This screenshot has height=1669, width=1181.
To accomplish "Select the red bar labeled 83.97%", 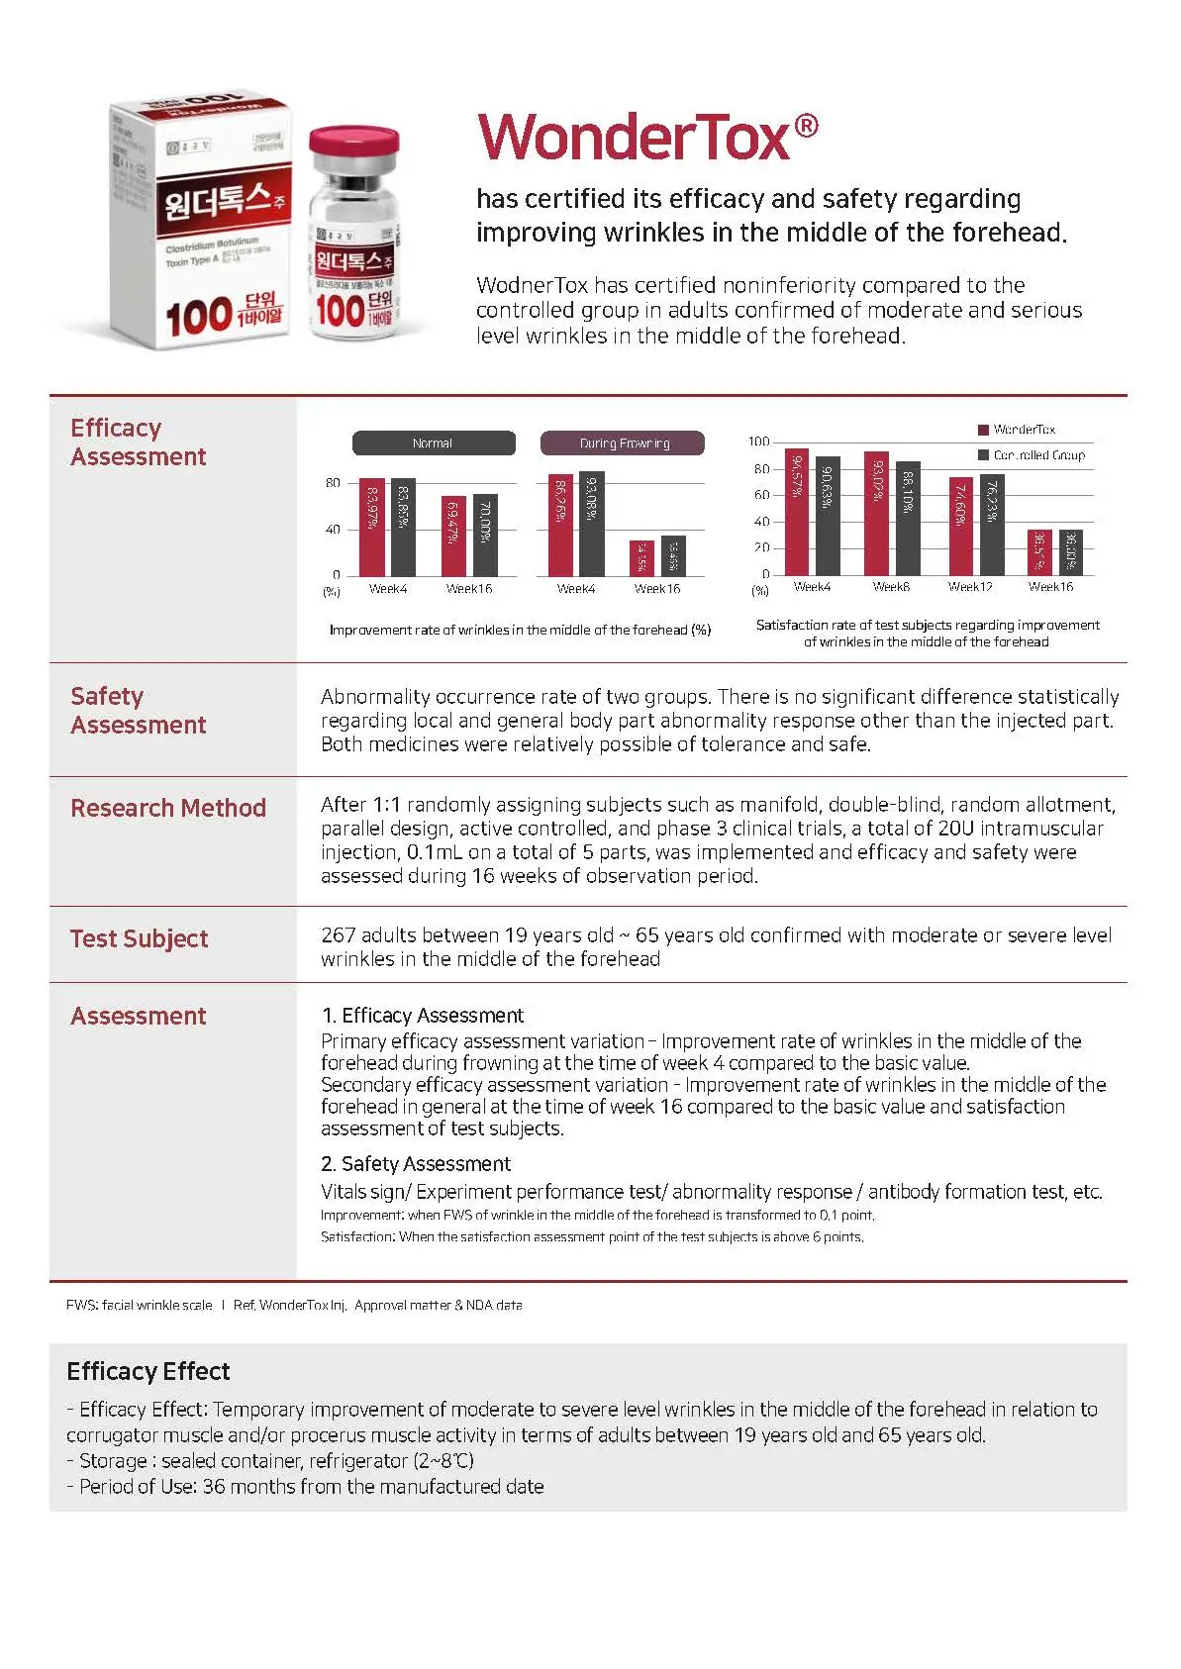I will [372, 527].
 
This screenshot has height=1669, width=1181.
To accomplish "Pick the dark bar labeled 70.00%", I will [485, 535].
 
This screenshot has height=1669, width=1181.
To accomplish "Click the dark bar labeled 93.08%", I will [591, 524].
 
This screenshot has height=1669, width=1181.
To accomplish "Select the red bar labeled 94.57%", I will [797, 512].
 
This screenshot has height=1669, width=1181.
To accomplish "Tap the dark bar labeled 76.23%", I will [992, 525].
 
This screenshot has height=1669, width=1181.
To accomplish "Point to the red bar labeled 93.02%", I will [876, 514].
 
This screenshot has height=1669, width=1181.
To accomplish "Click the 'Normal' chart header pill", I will [433, 443].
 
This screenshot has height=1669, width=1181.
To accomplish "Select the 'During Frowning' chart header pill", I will [623, 443].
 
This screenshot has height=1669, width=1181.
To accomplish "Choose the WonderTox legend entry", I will [1017, 430].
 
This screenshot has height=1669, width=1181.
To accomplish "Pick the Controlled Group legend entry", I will [1032, 455].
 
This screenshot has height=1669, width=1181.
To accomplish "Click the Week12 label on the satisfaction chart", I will [970, 587].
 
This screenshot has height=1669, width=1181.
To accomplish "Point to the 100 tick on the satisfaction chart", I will [758, 442].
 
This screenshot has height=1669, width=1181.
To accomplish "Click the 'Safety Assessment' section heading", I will [138, 711].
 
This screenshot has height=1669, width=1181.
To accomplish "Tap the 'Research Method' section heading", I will [167, 808].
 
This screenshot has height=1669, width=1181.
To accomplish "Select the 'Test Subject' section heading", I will [139, 938].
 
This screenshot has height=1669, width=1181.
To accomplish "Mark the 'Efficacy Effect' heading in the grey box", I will [148, 1371].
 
